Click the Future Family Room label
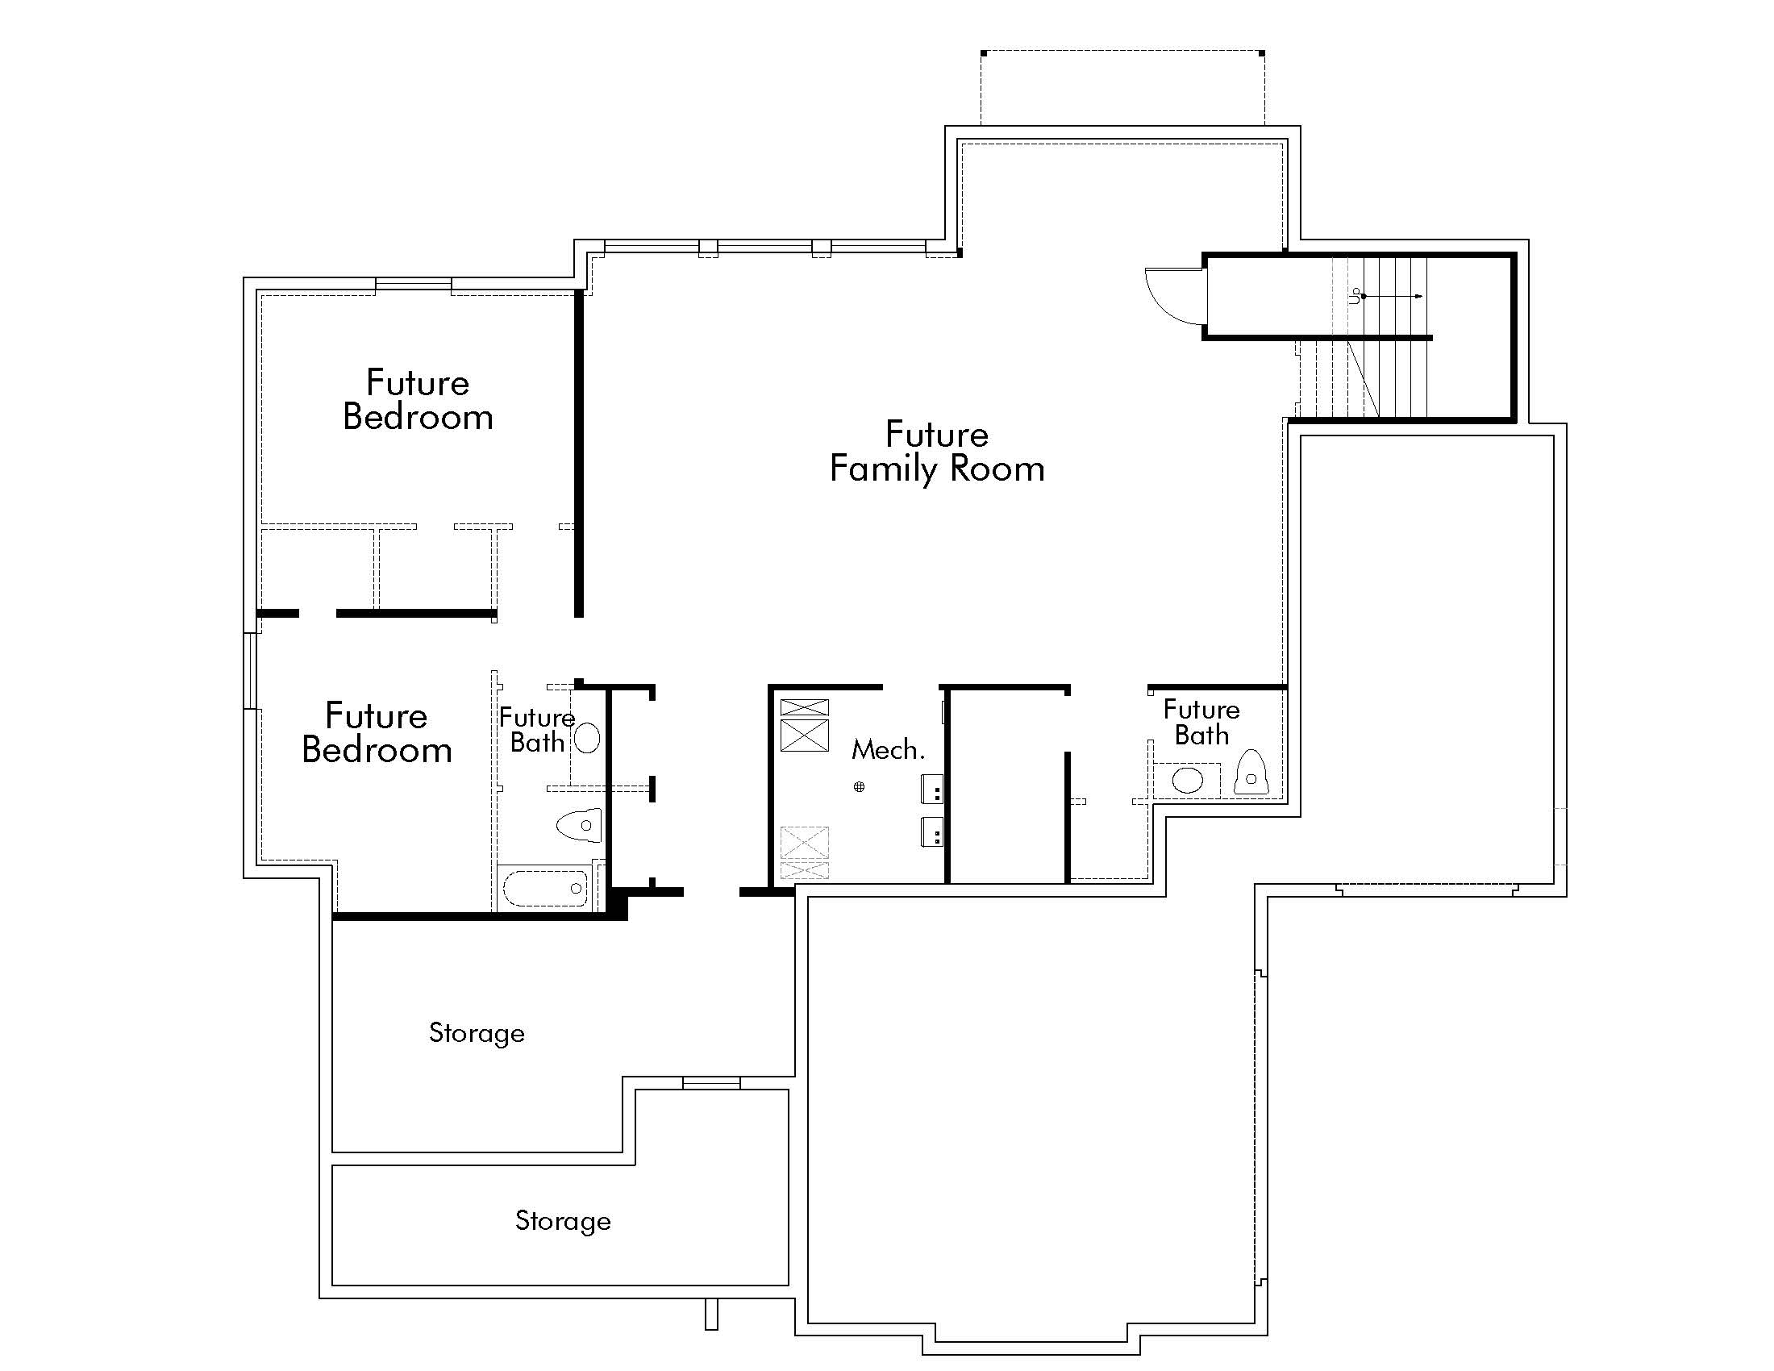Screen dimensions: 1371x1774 [x=936, y=452]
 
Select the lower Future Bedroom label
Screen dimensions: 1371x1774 [x=376, y=733]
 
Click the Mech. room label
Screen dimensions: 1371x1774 [x=888, y=750]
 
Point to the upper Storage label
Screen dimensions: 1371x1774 [x=477, y=1033]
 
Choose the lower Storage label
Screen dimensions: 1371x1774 [x=563, y=1221]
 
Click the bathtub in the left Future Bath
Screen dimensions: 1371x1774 [x=545, y=888]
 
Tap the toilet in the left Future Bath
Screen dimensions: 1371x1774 [x=580, y=825]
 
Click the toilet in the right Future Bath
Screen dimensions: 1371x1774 [x=1251, y=773]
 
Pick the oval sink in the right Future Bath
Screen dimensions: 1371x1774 [x=1188, y=781]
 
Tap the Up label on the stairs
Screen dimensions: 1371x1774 [x=1354, y=297]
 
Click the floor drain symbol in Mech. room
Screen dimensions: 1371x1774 [x=859, y=786]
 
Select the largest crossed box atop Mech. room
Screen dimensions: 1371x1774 [x=804, y=735]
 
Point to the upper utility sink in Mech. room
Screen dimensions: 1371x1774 [x=931, y=789]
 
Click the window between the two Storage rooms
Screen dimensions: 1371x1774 [x=710, y=1082]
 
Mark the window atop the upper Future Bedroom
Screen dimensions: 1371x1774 [x=414, y=283]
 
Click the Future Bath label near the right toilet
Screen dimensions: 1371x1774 [x=1201, y=722]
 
